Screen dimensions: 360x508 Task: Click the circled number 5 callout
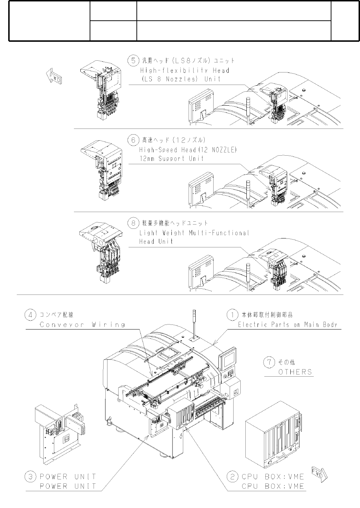coord(133,61)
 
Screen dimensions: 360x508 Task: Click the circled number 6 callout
coord(133,140)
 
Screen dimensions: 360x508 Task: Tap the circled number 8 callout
coord(133,223)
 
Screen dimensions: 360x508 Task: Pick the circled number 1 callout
coord(232,315)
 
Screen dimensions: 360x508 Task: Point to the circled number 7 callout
coord(269,362)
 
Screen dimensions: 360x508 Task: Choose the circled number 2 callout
coord(232,477)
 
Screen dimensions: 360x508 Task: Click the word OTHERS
coord(295,372)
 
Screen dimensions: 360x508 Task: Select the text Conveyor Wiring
coord(82,325)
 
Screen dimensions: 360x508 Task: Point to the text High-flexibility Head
coord(184,71)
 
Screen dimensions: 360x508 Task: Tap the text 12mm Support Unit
coord(171,159)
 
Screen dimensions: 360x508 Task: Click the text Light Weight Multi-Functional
coord(194,233)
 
